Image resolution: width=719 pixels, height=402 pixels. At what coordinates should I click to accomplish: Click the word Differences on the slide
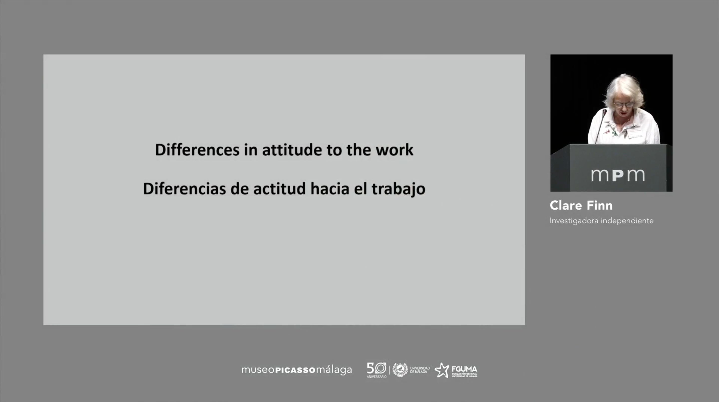197,150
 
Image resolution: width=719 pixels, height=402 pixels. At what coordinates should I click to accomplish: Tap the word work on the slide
394,150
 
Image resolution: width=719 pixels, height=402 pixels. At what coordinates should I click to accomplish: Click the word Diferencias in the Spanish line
184,189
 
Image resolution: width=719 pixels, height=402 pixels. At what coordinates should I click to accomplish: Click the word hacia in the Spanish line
330,189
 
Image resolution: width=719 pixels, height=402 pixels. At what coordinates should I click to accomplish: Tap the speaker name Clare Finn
581,206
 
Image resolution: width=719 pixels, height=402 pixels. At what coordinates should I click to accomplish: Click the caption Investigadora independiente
601,221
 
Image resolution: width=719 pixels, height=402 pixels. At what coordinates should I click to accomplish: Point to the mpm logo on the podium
618,175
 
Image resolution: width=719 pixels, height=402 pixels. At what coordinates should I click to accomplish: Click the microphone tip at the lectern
604,112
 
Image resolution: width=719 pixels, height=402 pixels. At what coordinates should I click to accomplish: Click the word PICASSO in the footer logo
295,370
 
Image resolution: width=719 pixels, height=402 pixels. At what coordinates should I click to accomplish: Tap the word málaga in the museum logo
334,370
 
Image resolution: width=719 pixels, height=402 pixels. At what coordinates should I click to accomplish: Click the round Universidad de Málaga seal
400,370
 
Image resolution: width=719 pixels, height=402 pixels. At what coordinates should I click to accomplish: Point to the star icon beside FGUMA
442,370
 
